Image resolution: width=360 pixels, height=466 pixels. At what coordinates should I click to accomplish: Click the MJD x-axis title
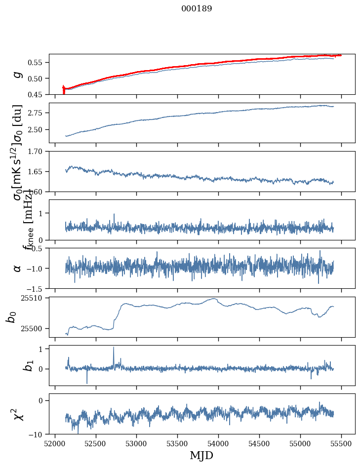pos(201,455)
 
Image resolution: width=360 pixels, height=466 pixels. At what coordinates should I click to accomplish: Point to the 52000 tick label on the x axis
pos(55,443)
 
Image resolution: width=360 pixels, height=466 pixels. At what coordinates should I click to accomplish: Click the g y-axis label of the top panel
pos(18,75)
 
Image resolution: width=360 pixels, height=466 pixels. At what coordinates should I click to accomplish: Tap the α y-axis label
pos(18,268)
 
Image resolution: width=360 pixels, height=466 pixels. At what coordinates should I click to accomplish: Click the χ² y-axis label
pos(18,414)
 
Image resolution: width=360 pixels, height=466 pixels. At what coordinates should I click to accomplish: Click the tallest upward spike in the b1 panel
pos(114,348)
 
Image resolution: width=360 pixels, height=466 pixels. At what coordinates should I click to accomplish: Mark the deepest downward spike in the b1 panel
pos(87,383)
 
